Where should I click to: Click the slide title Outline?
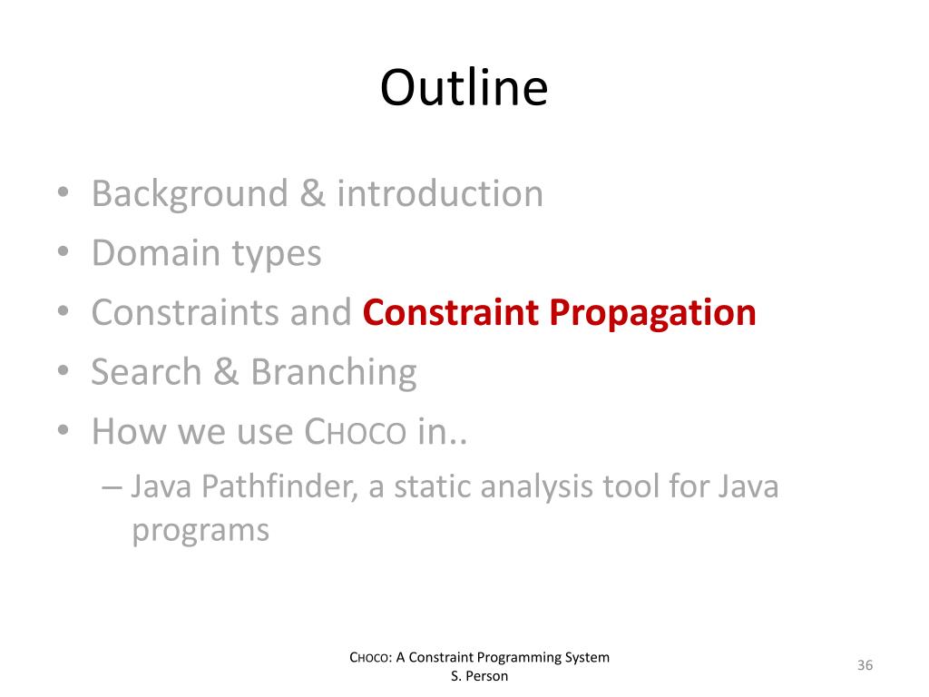464,88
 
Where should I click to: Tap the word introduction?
440,193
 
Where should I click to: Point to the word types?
276,255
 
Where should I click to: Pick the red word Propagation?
653,314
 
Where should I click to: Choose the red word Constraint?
451,312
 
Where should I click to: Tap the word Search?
146,371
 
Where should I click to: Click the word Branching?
334,374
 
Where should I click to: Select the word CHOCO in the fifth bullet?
356,431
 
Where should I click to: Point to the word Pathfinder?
279,486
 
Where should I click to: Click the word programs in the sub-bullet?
200,531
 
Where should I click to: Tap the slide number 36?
865,665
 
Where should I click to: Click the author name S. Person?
479,675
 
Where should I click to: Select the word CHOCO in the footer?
371,657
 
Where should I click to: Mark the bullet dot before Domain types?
64,251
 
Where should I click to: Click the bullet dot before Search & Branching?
64,370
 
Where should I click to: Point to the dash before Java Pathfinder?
112,487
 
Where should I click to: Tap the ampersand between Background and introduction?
312,193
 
